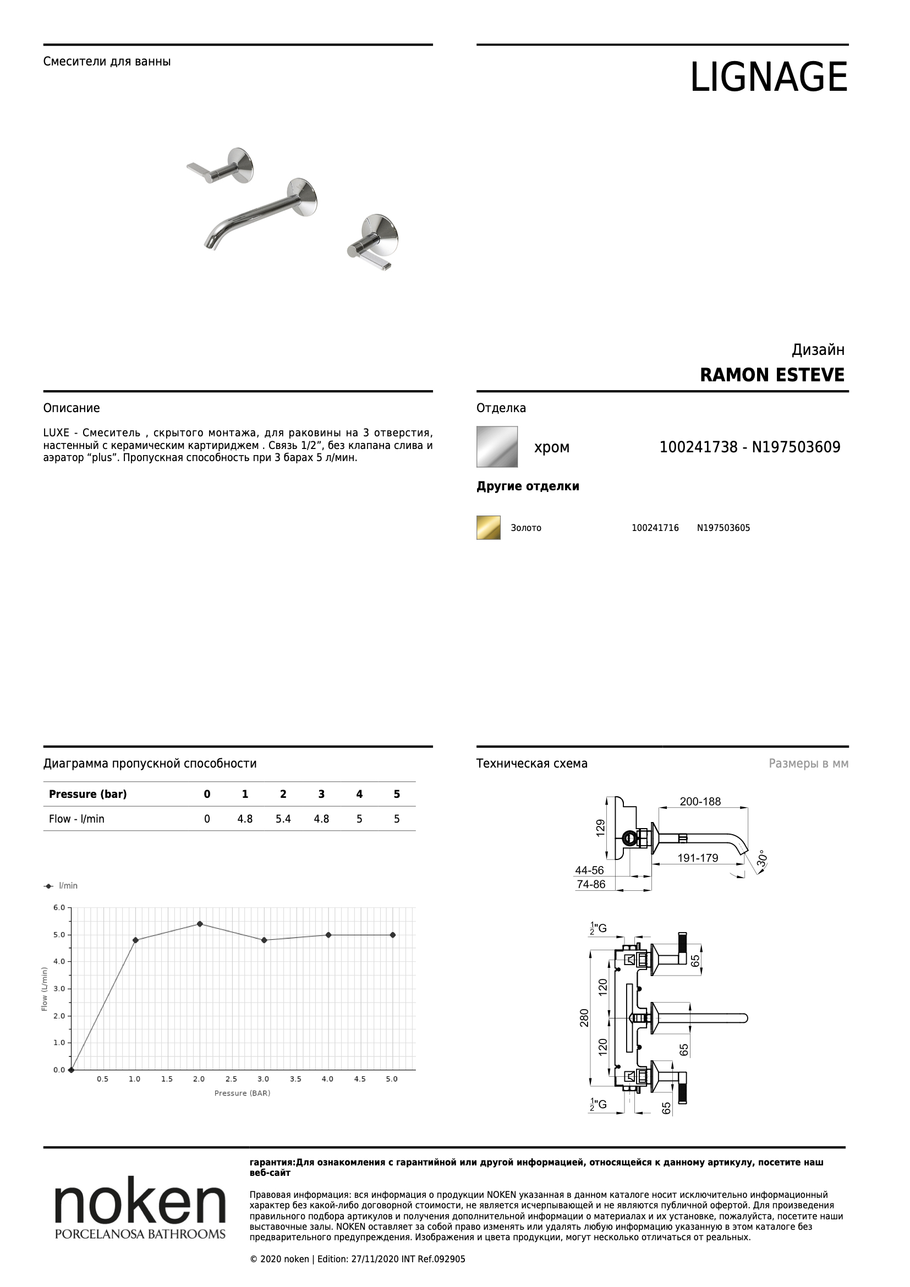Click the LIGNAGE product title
pyautogui.click(x=768, y=77)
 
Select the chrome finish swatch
pyautogui.click(x=496, y=447)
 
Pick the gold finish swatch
pyautogui.click(x=488, y=528)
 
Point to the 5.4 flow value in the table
pyautogui.click(x=283, y=819)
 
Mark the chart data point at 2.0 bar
pyautogui.click(x=200, y=924)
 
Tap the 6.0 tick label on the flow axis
pyautogui.click(x=59, y=907)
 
